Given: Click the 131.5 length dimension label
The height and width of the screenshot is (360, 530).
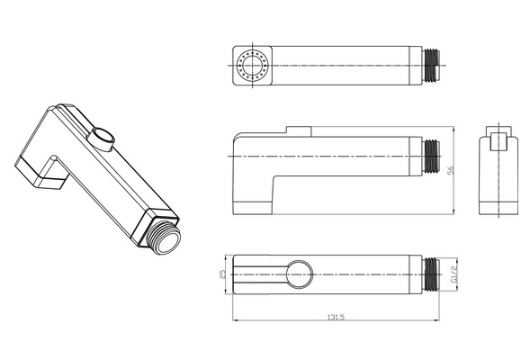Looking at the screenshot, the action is (336, 317).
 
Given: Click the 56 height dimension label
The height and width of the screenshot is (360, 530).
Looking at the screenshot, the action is (451, 170).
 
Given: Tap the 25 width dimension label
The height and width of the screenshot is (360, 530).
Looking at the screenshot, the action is (222, 274).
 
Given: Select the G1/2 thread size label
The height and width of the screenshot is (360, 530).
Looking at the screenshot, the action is (454, 274).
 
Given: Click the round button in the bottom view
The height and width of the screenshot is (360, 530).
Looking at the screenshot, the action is (300, 274).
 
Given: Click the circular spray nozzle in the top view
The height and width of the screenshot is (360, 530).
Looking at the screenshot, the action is (253, 65).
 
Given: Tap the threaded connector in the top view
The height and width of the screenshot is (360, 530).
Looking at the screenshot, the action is (431, 66).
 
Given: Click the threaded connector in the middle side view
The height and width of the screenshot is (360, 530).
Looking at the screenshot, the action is (431, 157).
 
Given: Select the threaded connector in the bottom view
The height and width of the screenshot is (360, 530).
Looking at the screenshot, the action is (431, 274).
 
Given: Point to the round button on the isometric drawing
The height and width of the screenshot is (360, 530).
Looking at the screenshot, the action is (102, 139).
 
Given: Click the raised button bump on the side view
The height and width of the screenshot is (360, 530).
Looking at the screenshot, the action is (299, 131).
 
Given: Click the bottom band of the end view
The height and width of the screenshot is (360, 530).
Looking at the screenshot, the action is (499, 209).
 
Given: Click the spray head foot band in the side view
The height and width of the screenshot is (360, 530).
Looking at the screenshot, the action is (253, 208).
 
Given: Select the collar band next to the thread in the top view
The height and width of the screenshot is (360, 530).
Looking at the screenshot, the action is (416, 66).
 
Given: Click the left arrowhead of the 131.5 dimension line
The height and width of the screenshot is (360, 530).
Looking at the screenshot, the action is (235, 319).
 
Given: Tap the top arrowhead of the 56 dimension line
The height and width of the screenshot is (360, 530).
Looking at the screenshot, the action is (454, 129).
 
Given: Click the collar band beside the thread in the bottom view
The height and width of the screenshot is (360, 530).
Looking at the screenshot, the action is (416, 274).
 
